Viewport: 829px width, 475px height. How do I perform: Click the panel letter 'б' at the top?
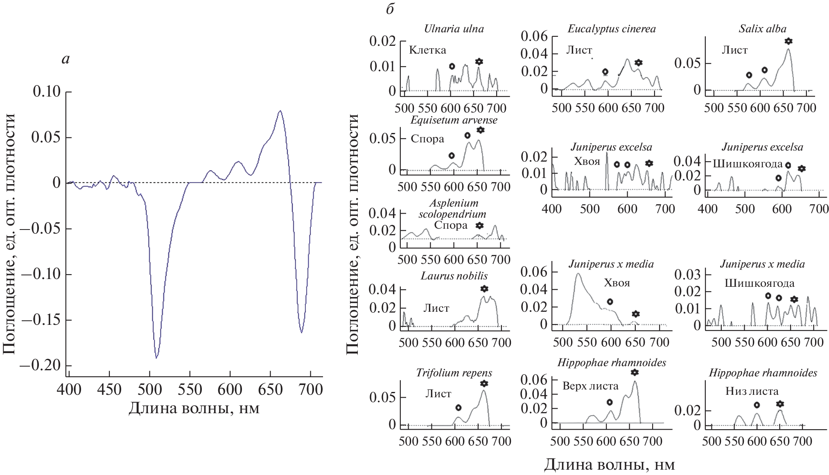click(390, 9)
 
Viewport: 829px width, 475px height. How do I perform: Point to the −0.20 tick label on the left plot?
click(40, 365)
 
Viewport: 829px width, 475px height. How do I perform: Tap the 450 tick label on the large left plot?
click(109, 389)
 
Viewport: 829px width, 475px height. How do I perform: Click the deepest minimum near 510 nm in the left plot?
click(156, 358)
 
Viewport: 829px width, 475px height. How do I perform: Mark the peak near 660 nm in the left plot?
click(280, 111)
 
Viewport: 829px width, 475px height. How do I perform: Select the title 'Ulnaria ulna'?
click(454, 29)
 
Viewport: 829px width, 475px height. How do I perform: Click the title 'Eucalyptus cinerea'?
click(612, 29)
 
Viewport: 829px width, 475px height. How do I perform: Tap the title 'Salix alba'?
click(762, 29)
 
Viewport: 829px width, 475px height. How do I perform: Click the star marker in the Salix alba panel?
click(788, 41)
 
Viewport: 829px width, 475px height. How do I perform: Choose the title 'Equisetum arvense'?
click(454, 120)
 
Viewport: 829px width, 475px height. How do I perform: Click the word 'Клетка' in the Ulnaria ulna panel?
click(427, 50)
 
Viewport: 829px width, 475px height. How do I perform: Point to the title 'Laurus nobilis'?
click(454, 276)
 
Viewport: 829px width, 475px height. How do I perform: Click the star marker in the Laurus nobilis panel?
click(484, 288)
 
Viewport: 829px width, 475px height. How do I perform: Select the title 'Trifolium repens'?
click(454, 373)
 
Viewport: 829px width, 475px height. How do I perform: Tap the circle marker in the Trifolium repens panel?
click(459, 407)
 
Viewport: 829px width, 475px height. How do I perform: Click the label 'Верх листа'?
click(590, 386)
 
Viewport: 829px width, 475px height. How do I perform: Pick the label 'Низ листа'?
click(752, 391)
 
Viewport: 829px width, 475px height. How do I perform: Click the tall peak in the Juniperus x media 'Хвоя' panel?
click(578, 274)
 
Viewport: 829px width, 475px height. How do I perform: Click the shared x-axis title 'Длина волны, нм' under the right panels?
click(609, 464)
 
